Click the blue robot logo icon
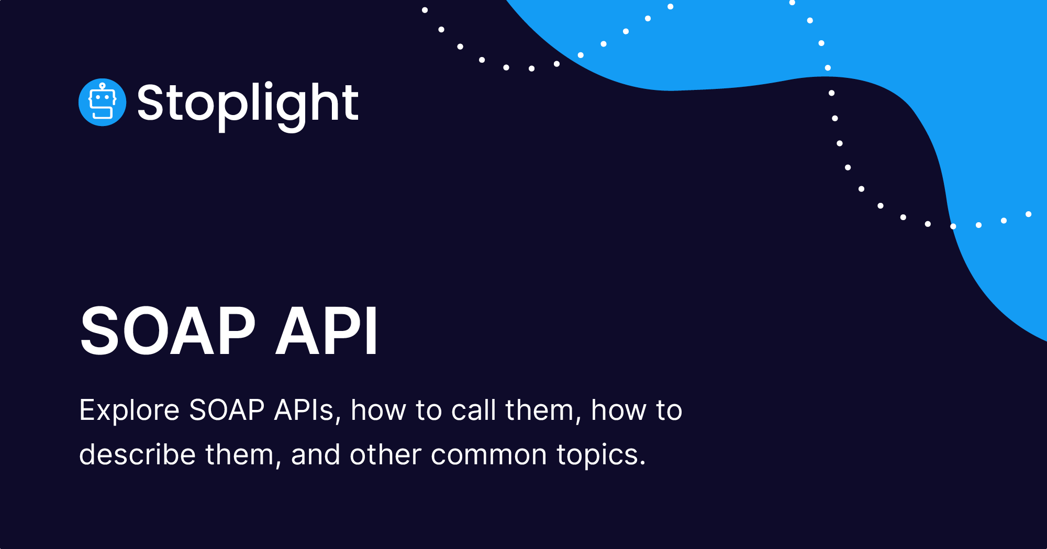pyautogui.click(x=102, y=102)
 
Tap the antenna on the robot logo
pyautogui.click(x=102, y=86)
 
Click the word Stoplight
pyautogui.click(x=248, y=104)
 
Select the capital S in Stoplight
pyautogui.click(x=151, y=102)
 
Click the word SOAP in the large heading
pyautogui.click(x=168, y=331)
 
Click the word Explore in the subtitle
pyautogui.click(x=129, y=410)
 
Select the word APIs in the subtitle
pyautogui.click(x=304, y=410)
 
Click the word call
pyautogui.click(x=473, y=410)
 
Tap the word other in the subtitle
pyautogui.click(x=385, y=454)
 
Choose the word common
pyautogui.click(x=489, y=454)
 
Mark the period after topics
pyautogui.click(x=642, y=463)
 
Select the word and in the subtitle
pyautogui.click(x=316, y=454)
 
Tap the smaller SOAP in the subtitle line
pyautogui.click(x=227, y=410)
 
